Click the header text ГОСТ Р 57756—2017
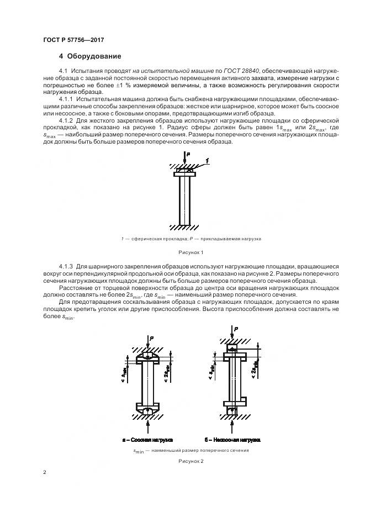click(73, 40)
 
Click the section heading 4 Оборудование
click(90, 56)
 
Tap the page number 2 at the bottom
click(44, 473)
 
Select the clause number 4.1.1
click(66, 98)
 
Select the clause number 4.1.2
click(66, 120)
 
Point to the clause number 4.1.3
click(66, 266)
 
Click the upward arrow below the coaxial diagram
click(147, 426)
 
